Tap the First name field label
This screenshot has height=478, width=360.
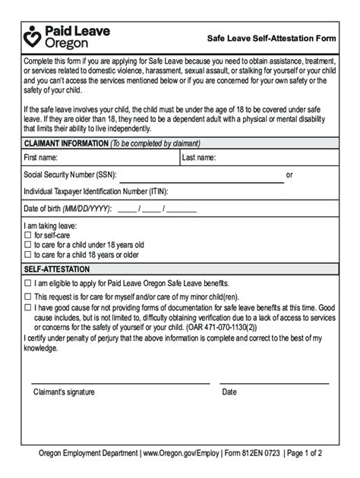pyautogui.click(x=42, y=158)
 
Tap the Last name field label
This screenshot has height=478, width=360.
pyautogui.click(x=200, y=158)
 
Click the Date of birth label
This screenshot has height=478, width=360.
pyautogui.click(x=68, y=208)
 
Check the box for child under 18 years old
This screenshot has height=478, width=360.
pyautogui.click(x=28, y=246)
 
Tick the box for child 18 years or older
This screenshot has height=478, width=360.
pyautogui.click(x=28, y=255)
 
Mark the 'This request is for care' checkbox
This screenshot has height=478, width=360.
pyautogui.click(x=28, y=297)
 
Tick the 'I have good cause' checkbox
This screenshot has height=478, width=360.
pyautogui.click(x=28, y=307)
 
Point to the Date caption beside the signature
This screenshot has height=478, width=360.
pyautogui.click(x=229, y=392)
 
